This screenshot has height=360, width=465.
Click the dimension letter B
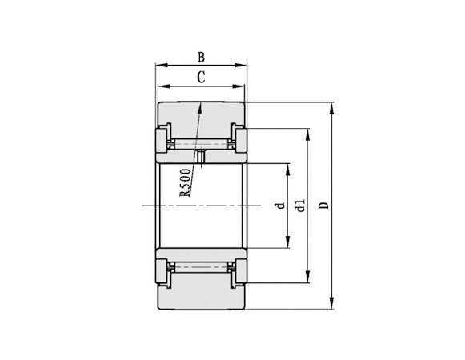coord(201,56)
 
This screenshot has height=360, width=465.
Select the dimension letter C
coord(201,77)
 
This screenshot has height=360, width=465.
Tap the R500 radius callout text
coord(185,182)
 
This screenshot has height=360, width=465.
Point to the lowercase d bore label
coord(280,206)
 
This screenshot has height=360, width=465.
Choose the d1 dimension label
coord(300,206)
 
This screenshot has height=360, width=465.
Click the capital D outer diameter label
coord(323,206)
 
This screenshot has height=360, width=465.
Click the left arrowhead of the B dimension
coord(159,66)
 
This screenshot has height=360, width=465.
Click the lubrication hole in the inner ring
coord(201,157)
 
